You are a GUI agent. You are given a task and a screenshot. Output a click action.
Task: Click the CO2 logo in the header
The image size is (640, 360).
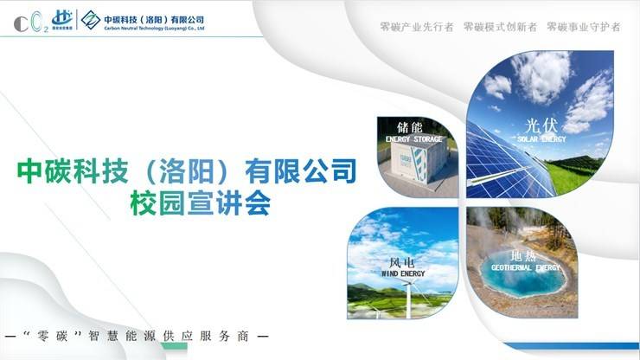point(31,22)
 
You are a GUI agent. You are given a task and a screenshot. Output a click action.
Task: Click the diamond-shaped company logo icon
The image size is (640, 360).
point(91,20)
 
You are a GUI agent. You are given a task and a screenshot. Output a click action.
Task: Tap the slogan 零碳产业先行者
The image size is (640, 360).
point(417,27)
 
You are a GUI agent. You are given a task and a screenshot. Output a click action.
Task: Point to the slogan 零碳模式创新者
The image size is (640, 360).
point(500,27)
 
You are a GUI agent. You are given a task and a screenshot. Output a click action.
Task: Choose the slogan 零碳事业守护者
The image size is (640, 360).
point(583,27)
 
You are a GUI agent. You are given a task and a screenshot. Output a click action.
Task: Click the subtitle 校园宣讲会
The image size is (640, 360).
point(201,202)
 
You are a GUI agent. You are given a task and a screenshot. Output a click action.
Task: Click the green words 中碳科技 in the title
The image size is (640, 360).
point(73,170)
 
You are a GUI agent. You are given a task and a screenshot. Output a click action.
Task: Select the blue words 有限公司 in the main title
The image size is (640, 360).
point(301,170)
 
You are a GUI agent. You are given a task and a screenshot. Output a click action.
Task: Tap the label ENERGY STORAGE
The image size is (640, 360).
point(414,139)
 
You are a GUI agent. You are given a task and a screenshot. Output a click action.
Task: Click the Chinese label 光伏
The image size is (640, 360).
point(541,125)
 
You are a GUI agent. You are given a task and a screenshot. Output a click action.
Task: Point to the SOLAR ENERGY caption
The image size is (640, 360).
point(541,139)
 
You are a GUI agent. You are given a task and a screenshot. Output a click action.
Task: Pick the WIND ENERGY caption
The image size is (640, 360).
point(403,273)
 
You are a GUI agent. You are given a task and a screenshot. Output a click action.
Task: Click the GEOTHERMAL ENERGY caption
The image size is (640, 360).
point(526,267)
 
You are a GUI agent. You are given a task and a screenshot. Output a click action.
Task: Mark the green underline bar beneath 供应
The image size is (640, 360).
point(175,346)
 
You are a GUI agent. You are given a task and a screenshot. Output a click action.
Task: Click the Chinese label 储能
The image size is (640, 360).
point(410,127)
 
